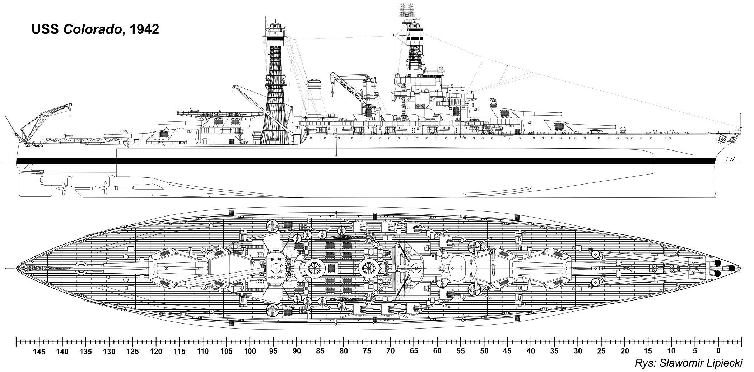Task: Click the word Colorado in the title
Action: pos(92,29)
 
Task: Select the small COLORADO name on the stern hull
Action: pos(34,146)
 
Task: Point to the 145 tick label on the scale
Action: pos(39,351)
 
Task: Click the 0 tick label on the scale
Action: pos(718,351)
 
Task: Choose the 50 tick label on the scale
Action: pos(484,351)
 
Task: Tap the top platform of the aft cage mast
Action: pos(276,27)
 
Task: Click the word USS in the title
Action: pos(46,29)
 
